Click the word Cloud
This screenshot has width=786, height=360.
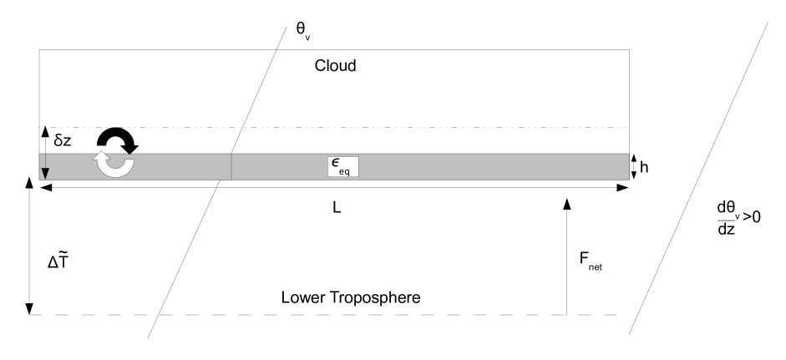pos(335,65)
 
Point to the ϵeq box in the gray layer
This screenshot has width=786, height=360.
pos(342,166)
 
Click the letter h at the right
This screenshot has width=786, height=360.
pos(645,166)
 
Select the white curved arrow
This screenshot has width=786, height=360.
pos(111,164)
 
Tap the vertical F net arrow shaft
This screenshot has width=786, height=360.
pos(566,259)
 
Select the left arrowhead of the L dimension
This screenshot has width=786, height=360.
pos(44,189)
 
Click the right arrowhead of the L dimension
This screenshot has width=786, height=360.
pos(623,189)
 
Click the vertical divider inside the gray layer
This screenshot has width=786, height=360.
pos(231,166)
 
